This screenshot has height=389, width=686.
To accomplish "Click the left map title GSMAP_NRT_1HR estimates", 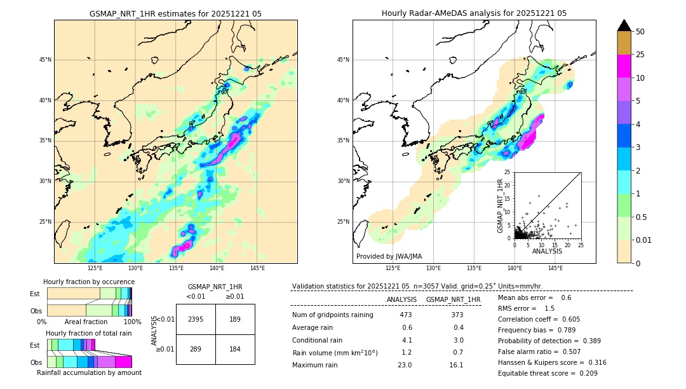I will [x=175, y=13].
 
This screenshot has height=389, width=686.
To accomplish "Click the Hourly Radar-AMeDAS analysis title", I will [x=474, y=13].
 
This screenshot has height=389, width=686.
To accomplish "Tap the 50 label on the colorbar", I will [x=640, y=32].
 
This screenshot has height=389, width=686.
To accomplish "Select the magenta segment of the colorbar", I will [x=624, y=66].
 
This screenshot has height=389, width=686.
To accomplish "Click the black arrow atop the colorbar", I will [x=624, y=25].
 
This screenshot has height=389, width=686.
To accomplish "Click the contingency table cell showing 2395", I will [x=196, y=319].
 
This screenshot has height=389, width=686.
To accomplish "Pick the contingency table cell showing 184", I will [x=235, y=349].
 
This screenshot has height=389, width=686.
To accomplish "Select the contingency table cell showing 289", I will [x=196, y=349].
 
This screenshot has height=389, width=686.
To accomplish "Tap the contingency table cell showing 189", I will [x=235, y=319].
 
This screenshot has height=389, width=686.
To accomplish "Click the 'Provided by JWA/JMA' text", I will [x=389, y=257].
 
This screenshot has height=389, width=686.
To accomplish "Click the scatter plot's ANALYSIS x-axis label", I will [x=547, y=251].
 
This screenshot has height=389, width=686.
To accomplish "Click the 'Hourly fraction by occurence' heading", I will [x=89, y=282].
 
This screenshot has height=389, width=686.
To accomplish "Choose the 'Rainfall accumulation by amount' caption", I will [x=89, y=372].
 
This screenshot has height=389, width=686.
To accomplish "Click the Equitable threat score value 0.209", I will [x=584, y=373].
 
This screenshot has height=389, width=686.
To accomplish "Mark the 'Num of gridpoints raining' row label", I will [x=332, y=315].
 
